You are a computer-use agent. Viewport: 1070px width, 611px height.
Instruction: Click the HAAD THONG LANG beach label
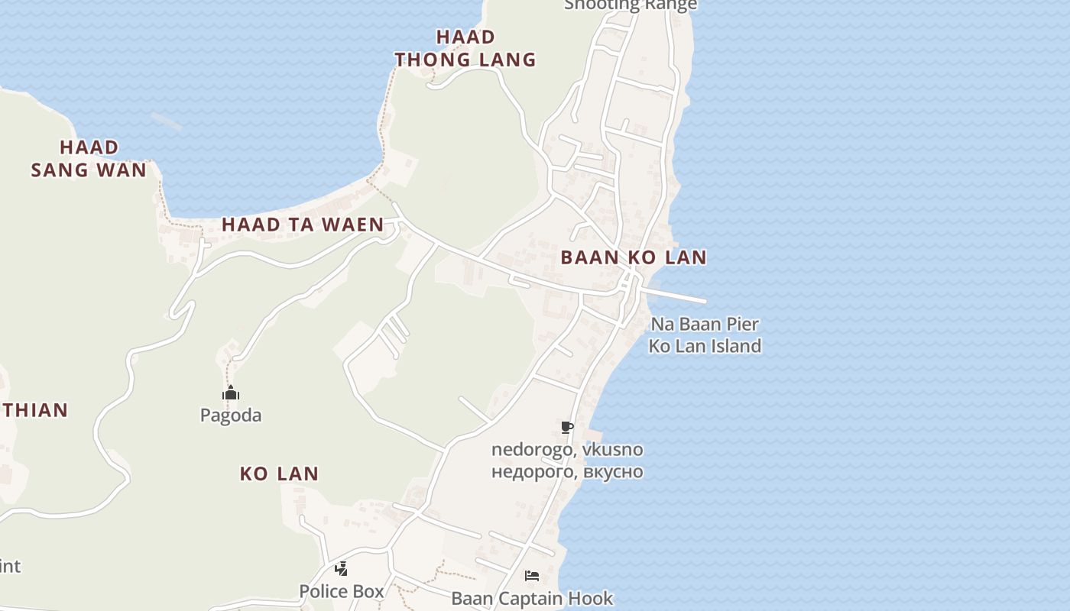465,48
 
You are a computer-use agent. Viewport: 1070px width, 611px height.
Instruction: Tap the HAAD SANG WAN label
89,158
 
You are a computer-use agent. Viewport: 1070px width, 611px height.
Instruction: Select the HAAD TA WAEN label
303,225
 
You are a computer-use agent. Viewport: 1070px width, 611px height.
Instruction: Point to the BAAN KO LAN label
634,257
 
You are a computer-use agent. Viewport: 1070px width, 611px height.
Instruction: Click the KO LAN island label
279,474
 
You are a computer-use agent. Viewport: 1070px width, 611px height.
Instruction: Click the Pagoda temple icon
231,393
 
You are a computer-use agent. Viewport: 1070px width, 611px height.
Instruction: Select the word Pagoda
231,415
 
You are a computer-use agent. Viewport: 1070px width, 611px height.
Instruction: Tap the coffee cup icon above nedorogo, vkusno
566,427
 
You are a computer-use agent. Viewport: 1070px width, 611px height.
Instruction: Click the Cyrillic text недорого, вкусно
567,472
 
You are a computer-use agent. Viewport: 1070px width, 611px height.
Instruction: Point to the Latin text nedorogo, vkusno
567,450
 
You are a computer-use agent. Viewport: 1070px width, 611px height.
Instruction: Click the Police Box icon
342,569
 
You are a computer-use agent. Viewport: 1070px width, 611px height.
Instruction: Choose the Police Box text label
342,591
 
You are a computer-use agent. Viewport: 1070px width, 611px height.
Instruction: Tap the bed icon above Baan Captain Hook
532,575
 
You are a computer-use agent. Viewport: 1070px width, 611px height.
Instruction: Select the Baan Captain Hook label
532,598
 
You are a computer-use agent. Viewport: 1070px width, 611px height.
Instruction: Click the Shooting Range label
631,5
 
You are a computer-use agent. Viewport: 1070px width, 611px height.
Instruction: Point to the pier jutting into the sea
676,296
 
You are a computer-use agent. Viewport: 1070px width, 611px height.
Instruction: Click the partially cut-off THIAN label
35,410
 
